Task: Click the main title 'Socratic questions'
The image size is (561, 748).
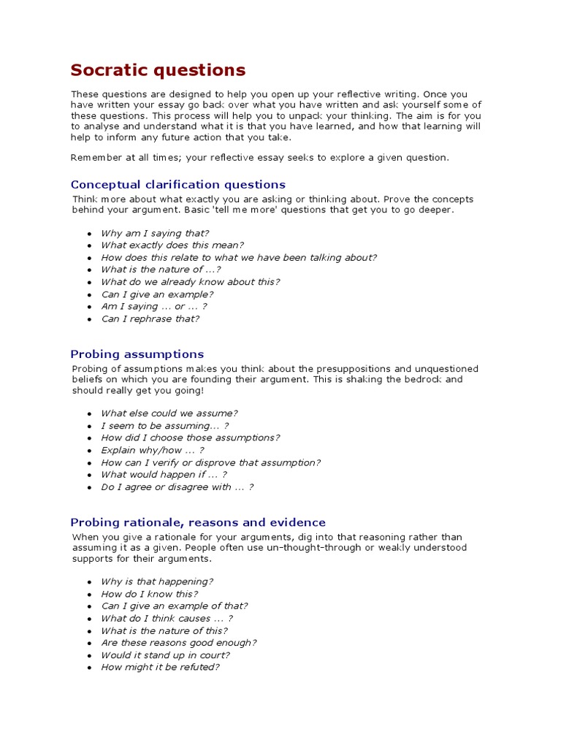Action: point(158,71)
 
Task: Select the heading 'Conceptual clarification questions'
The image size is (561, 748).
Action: point(178,185)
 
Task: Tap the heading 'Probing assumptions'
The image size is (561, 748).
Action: point(137,354)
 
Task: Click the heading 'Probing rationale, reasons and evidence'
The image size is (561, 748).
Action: point(198,522)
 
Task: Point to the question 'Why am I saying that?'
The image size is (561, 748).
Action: point(155,233)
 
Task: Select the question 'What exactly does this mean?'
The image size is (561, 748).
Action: point(172,245)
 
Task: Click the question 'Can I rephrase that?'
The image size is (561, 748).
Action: point(150,318)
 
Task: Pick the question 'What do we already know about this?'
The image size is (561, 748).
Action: point(190,282)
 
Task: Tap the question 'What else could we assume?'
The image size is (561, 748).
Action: point(169,413)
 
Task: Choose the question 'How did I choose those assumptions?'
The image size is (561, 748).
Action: point(190,438)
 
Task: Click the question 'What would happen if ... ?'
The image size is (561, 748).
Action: point(164,475)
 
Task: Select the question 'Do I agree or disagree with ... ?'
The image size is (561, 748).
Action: point(178,487)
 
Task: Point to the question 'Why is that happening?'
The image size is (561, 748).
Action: point(157,581)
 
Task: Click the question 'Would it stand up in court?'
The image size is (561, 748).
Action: point(165,655)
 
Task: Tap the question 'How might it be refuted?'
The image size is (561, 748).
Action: point(160,667)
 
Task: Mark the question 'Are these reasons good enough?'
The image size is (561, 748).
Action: point(179,643)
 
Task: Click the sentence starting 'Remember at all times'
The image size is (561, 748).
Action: point(260,157)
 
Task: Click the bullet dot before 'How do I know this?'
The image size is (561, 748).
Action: point(89,595)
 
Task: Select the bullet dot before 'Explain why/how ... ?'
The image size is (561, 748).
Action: point(89,451)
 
